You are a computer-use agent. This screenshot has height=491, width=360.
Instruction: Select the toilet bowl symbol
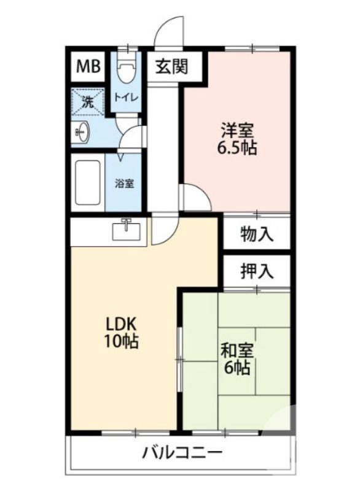(x=127, y=72)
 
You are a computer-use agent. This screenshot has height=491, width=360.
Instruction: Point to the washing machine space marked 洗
(x=87, y=102)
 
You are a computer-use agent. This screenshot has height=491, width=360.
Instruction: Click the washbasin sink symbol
(x=83, y=131)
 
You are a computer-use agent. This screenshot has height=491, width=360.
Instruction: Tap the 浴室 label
(x=125, y=183)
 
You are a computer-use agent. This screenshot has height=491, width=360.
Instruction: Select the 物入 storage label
(x=256, y=234)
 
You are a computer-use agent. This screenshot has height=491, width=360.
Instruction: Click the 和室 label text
(x=236, y=351)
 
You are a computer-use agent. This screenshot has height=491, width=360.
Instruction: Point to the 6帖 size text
(x=236, y=368)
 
